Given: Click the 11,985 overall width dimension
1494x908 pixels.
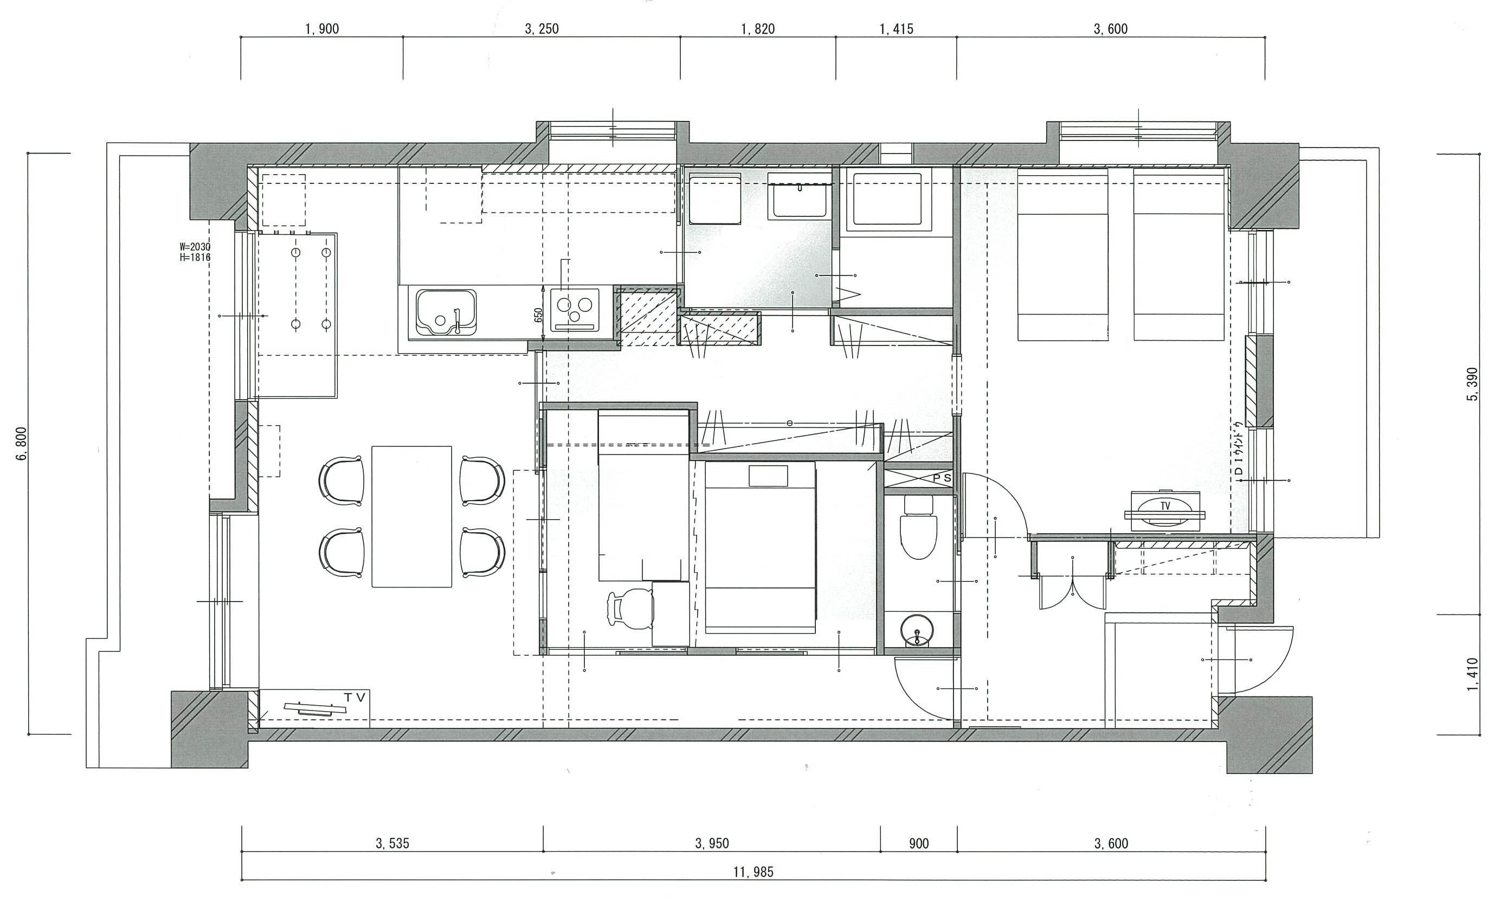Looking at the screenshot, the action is (753, 872).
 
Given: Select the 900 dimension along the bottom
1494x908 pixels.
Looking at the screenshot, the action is (919, 843).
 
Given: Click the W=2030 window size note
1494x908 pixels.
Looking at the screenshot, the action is (195, 247).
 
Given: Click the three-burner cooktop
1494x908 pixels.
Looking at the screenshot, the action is (575, 309).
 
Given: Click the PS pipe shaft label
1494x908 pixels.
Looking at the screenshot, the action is (941, 478).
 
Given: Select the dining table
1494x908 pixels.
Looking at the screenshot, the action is (411, 516).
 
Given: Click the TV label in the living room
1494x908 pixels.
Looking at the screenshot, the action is (355, 698).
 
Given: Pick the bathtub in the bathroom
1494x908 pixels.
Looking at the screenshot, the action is (887, 200).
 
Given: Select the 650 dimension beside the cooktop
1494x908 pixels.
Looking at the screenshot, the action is (538, 315).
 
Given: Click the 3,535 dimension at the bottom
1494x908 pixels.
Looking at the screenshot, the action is (392, 843).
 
